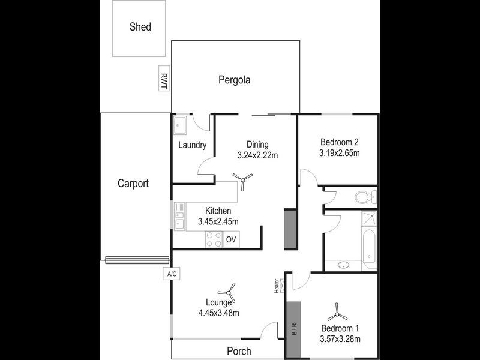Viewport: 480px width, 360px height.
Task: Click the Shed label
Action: pos(140,27)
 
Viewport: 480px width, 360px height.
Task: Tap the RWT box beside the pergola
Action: pos(163,79)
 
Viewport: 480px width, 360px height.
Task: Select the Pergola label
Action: pos(234,80)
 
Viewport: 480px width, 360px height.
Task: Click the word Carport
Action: pos(133,184)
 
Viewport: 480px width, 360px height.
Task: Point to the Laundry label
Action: pos(193,145)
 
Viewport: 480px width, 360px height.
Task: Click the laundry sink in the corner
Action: pos(180,125)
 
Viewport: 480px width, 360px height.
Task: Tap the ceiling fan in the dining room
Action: pos(243,180)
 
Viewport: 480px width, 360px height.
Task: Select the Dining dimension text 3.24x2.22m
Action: pos(257,155)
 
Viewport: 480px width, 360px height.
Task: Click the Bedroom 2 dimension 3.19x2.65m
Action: pos(339,153)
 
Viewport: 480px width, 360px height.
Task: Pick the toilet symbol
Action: pos(364,196)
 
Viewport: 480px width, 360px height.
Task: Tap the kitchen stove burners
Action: pos(214,239)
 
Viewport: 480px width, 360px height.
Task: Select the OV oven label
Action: pos(232,240)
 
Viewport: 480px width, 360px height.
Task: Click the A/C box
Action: pos(171,274)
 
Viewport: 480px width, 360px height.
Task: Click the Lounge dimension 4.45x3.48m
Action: pos(218,313)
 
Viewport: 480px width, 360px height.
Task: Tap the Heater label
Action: pos(277,286)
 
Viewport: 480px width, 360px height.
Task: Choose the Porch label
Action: pos(239,351)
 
